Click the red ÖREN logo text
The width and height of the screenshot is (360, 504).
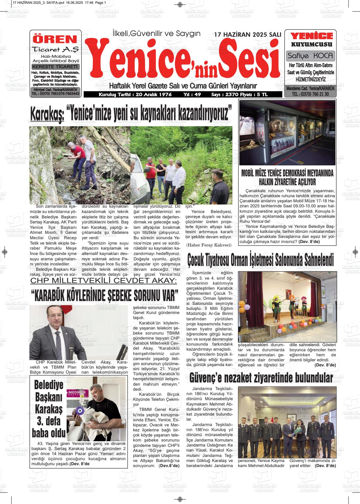pyautogui.click(x=55, y=39)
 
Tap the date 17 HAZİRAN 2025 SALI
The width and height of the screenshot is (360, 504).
pyautogui.click(x=248, y=35)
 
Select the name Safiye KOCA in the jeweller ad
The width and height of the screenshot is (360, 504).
pyautogui.click(x=310, y=56)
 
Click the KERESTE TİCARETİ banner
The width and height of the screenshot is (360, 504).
pyautogui.click(x=55, y=67)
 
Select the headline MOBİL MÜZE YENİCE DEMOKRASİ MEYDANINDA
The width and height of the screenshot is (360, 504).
pyautogui.click(x=287, y=173)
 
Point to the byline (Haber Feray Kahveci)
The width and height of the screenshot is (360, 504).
pyautogui.click(x=209, y=245)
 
